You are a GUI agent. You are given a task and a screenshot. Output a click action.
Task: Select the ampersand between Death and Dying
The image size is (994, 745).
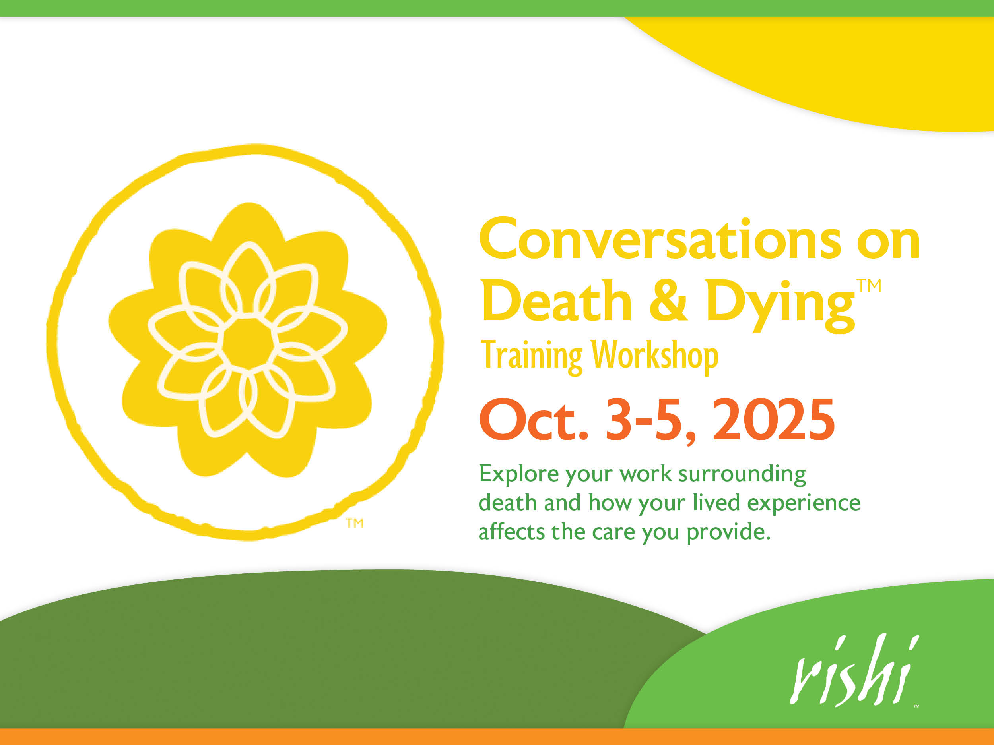668,300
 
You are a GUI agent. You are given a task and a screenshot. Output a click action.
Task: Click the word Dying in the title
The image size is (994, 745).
779,306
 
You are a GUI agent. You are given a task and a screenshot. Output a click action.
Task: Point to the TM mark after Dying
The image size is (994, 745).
869,286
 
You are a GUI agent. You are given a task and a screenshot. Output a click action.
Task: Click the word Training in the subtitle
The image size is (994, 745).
532,356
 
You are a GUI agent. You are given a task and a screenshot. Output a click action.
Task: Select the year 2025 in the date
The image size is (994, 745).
773,420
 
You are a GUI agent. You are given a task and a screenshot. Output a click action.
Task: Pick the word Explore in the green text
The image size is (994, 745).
519,474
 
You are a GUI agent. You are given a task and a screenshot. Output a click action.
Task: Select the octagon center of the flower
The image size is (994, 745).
248,344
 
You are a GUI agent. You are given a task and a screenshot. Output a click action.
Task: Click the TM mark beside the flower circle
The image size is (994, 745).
355,523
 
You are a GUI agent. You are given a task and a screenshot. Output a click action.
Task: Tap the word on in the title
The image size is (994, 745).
888,243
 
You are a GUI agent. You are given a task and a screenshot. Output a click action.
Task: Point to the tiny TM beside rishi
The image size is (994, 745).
916,706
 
